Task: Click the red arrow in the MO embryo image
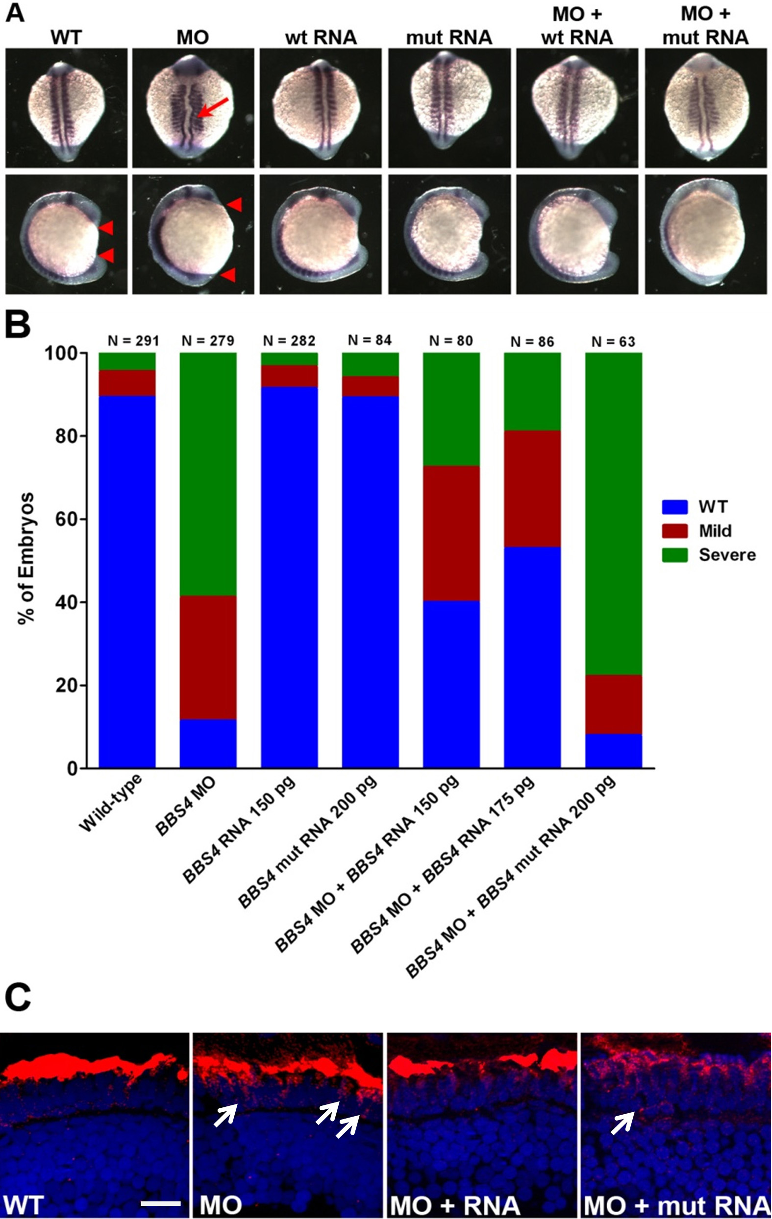coord(213,108)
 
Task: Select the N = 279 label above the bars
coord(208,341)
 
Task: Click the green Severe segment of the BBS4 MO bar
coord(208,474)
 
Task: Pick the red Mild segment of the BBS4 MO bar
coord(208,657)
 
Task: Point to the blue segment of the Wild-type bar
coord(127,582)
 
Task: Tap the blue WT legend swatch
coord(675,507)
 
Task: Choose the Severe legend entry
coord(727,555)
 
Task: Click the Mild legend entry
coord(715,530)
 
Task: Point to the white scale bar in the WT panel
coord(161,1203)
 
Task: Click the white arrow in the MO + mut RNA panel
coord(623,1123)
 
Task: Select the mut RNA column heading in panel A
coord(449,37)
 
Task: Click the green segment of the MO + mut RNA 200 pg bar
coord(614,514)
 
